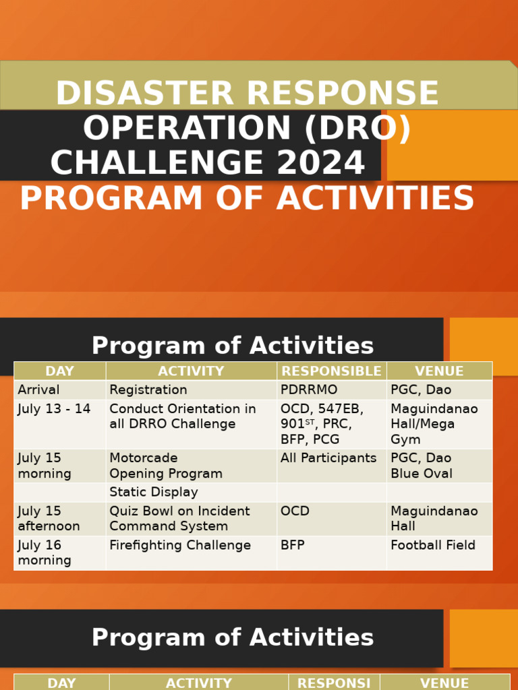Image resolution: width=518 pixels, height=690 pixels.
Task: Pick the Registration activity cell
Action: coord(148,390)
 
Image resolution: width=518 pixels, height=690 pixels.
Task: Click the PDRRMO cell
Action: coord(309,390)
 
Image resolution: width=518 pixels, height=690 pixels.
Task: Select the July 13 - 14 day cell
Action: coord(54,410)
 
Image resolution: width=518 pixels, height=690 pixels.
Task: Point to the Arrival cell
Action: coord(38,390)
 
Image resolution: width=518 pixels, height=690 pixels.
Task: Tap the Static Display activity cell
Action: coord(153,493)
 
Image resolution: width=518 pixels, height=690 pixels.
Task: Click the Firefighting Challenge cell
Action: coord(179,546)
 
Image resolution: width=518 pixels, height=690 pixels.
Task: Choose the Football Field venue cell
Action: coord(432,546)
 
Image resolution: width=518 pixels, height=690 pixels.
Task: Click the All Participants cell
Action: coord(328,459)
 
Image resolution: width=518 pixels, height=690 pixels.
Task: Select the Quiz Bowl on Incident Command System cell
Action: coord(179,519)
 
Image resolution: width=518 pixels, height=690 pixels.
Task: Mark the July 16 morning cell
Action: coord(45,553)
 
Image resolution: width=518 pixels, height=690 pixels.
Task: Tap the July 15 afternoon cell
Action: coord(49,519)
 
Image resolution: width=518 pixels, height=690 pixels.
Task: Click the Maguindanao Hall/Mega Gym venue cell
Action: coord(434,425)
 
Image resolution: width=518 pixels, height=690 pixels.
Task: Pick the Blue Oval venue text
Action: coord(421,474)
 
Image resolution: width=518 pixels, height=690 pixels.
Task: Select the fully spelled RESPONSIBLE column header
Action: coord(331,371)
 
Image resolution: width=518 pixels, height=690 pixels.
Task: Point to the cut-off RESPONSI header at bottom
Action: coord(334,683)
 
